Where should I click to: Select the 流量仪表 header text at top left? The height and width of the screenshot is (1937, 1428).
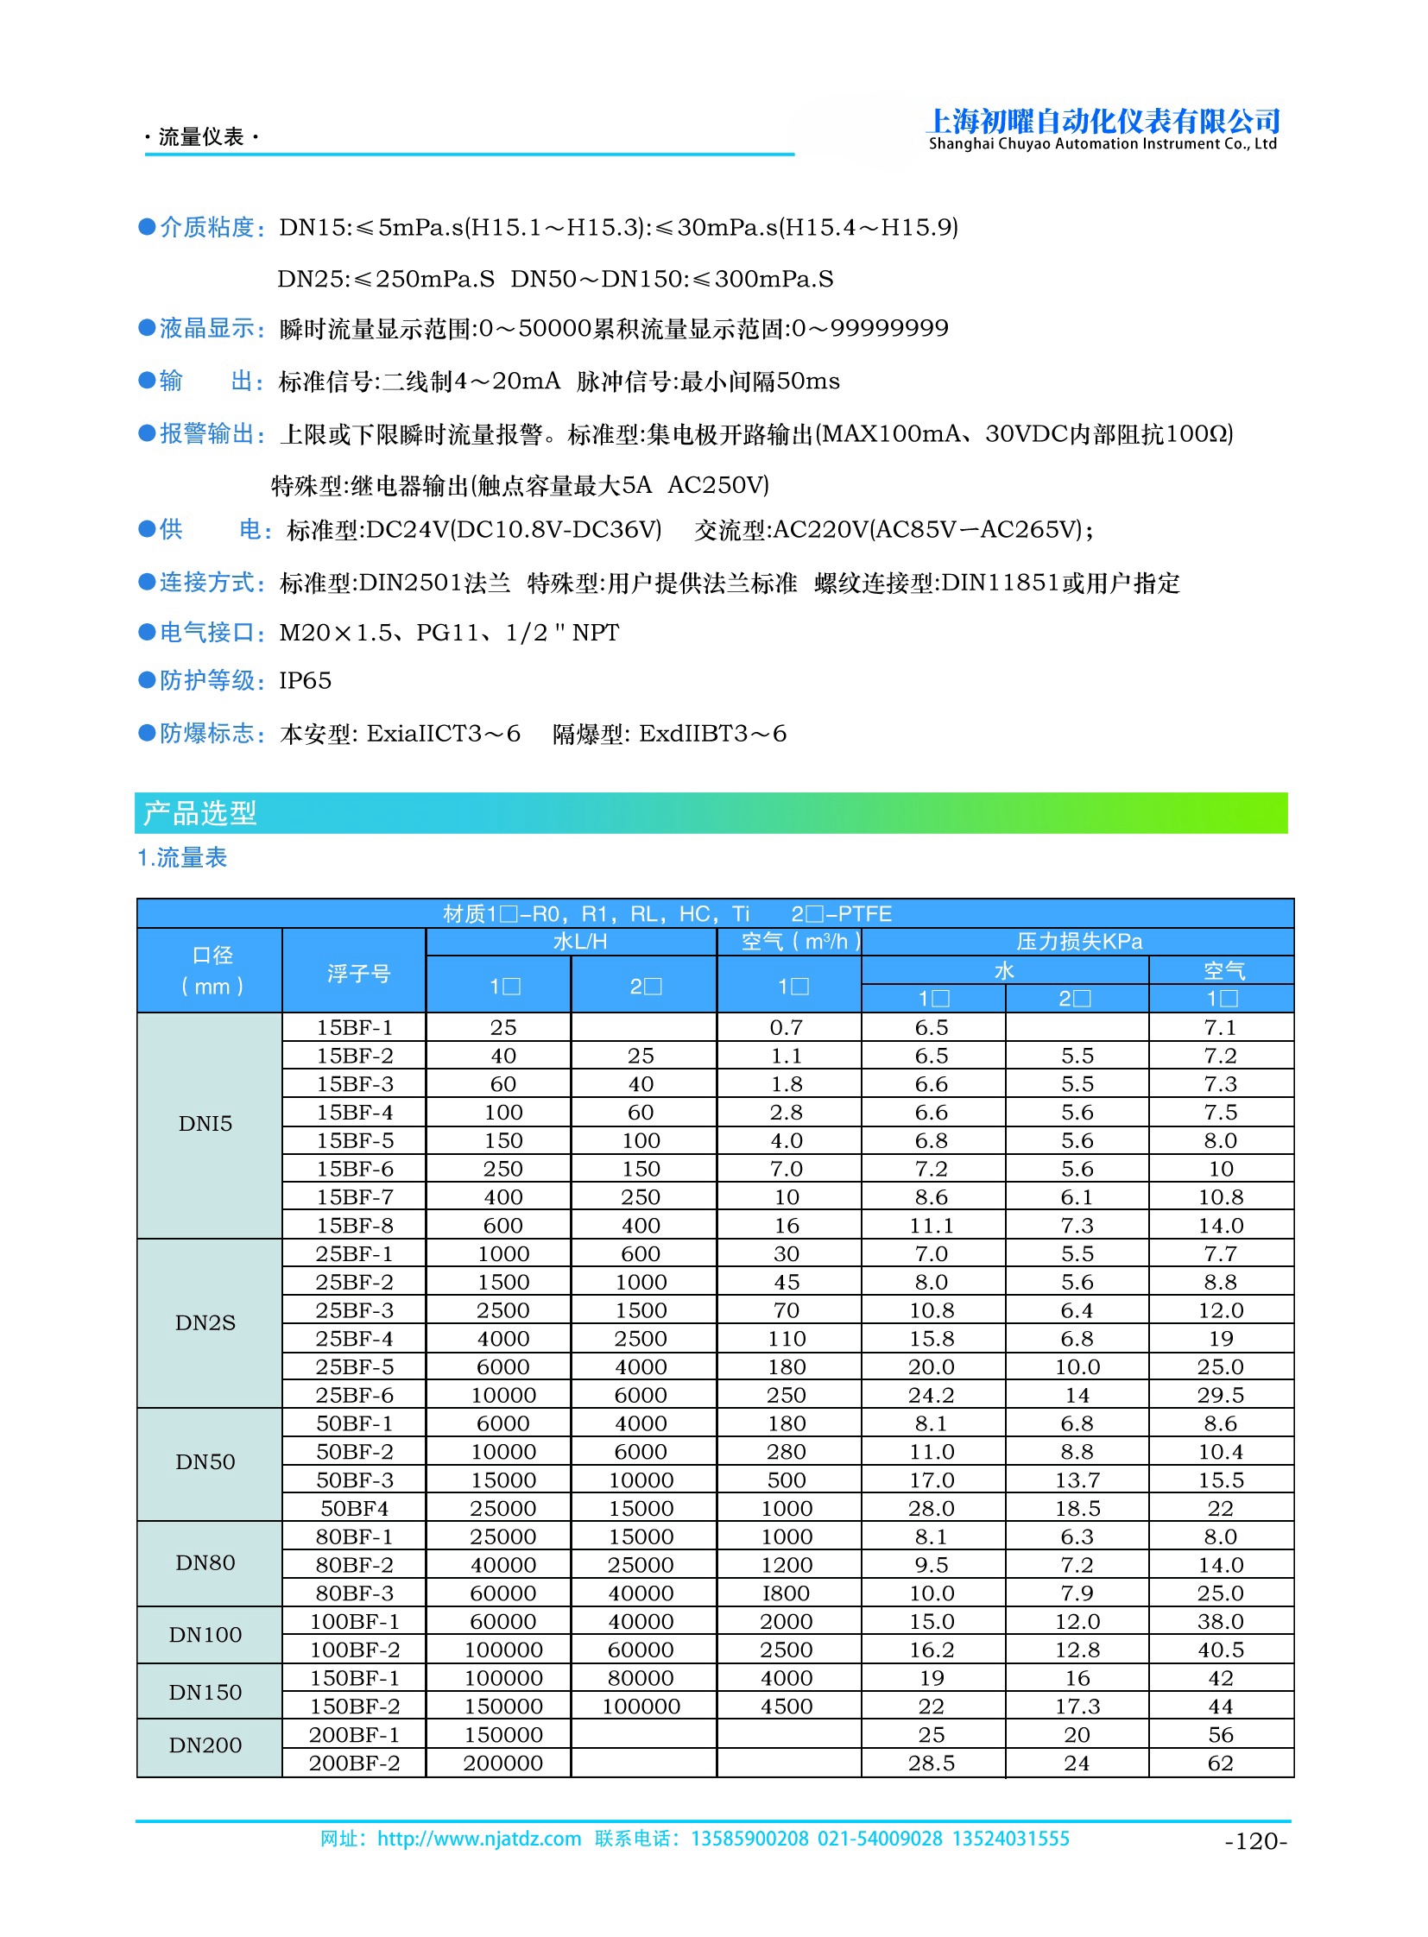tap(201, 137)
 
